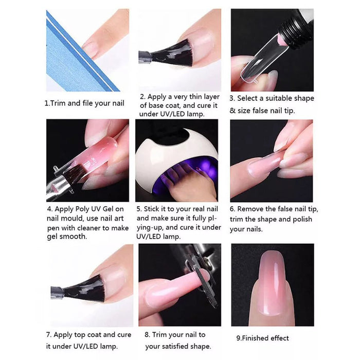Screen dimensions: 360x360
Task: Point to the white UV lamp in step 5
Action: (x=177, y=158)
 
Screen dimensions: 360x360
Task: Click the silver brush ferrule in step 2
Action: (x=145, y=58)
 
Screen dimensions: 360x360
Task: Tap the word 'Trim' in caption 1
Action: (x=58, y=103)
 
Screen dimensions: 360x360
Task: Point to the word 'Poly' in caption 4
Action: (x=83, y=209)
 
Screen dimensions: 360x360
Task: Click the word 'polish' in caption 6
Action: (x=302, y=219)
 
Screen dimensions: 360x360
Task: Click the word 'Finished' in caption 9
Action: (x=255, y=338)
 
